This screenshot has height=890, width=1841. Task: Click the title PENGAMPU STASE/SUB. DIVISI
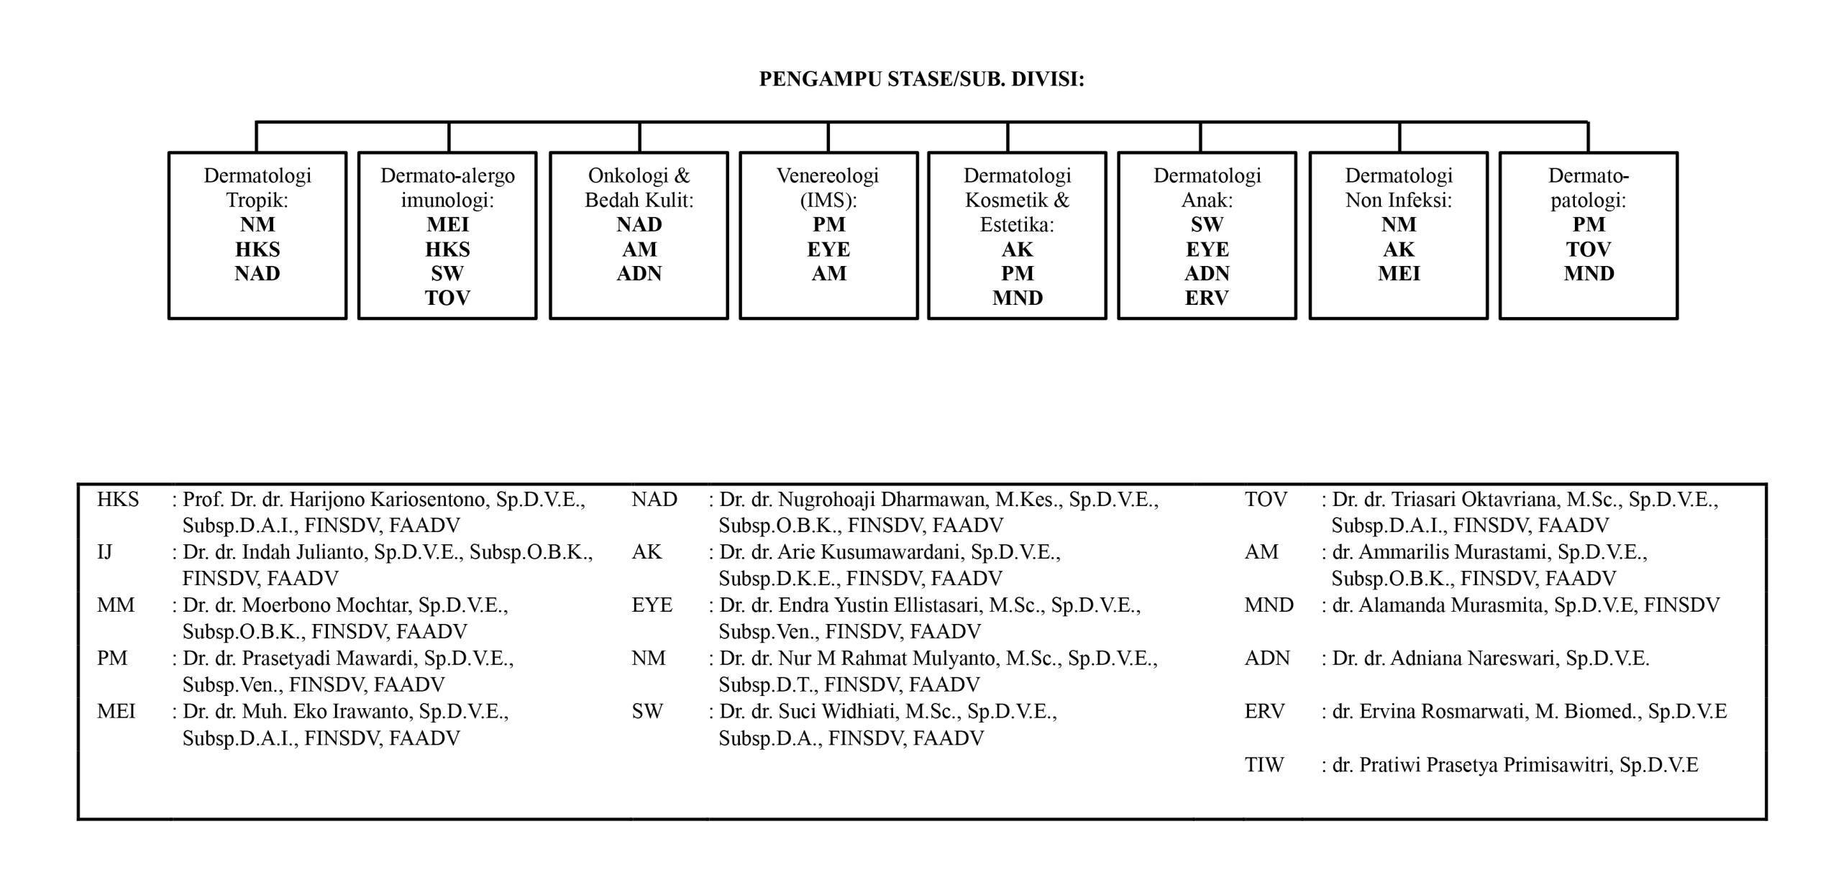pyautogui.click(x=921, y=79)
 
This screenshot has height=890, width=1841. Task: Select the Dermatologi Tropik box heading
pyautogui.click(x=257, y=187)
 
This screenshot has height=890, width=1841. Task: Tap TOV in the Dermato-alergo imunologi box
pyautogui.click(x=447, y=298)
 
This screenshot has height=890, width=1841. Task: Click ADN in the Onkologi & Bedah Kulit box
pyautogui.click(x=639, y=273)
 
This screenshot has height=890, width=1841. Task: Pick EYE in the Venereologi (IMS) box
pyautogui.click(x=828, y=249)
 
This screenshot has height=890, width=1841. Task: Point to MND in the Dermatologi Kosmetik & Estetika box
pyautogui.click(x=1017, y=298)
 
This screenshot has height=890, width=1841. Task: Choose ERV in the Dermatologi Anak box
pyautogui.click(x=1207, y=298)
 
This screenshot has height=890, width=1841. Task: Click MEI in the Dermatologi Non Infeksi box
pyautogui.click(x=1399, y=273)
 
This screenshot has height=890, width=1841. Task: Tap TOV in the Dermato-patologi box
pyautogui.click(x=1589, y=249)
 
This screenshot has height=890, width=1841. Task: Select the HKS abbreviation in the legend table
pyautogui.click(x=118, y=500)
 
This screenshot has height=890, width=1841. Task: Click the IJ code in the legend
pyautogui.click(x=105, y=552)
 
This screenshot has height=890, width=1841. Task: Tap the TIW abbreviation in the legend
pyautogui.click(x=1264, y=765)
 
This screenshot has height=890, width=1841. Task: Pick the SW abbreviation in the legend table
pyautogui.click(x=647, y=712)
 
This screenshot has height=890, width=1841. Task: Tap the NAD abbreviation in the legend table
pyautogui.click(x=654, y=500)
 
